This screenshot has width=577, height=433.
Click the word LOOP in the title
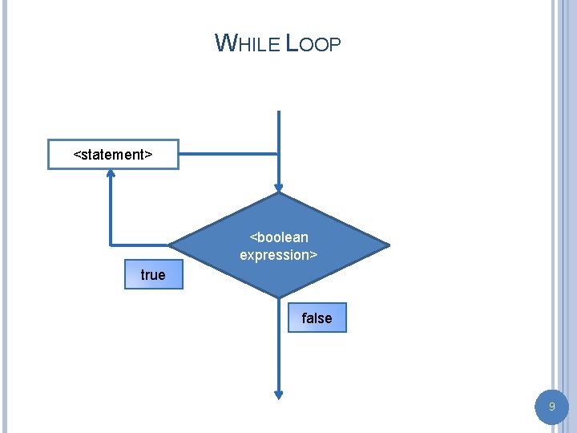313,43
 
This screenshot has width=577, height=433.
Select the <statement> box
113,154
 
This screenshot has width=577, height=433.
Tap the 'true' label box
153,275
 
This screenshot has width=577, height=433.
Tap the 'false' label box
317,318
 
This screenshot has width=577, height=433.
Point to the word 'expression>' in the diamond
279,255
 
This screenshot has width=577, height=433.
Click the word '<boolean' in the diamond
279,237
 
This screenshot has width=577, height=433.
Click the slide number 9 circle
551,407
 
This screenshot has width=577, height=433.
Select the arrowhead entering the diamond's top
279,187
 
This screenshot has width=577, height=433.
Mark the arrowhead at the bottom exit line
279,394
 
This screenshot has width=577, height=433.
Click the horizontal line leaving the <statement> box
228,153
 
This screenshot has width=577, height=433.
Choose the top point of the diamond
279,194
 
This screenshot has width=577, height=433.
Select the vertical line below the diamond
279,353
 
